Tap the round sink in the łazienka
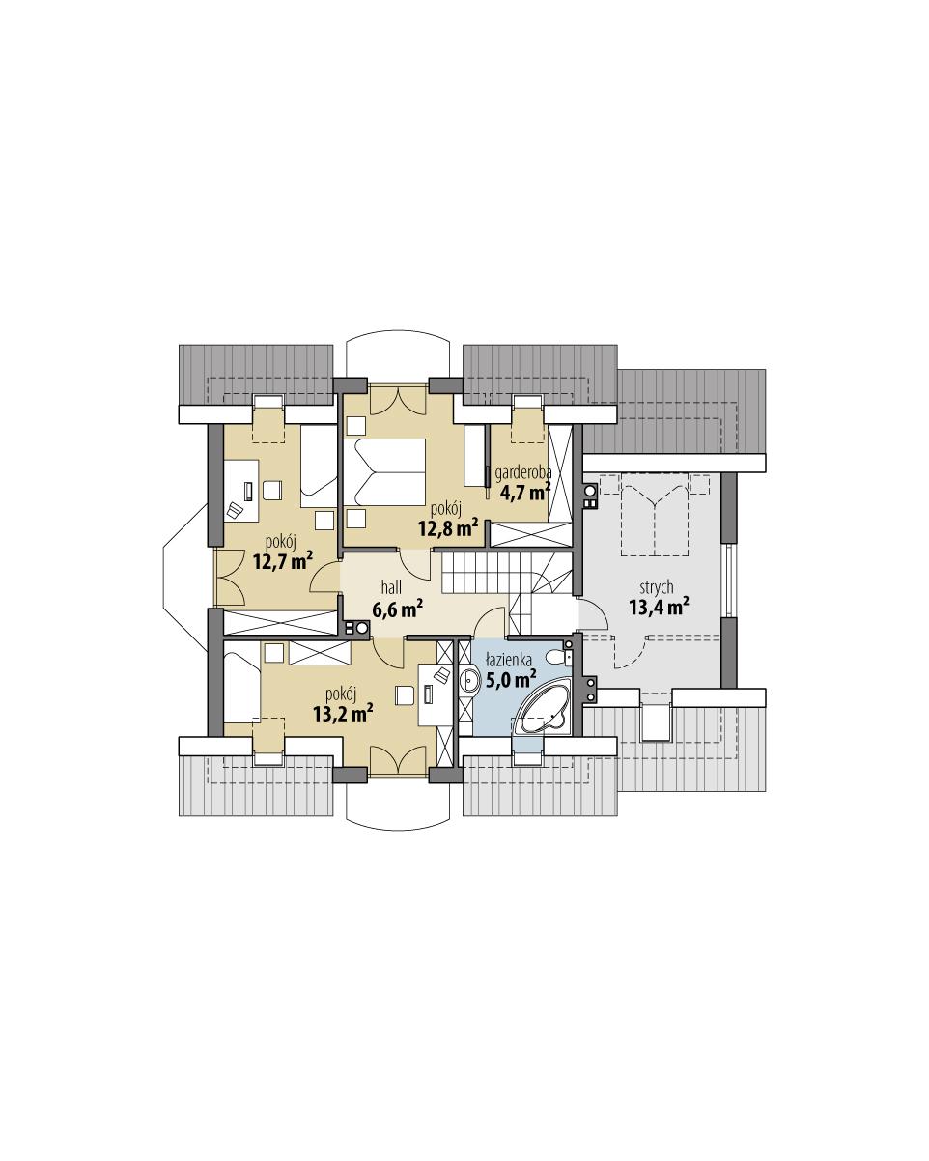470,682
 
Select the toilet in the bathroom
558,657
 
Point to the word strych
656,586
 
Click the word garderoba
522,473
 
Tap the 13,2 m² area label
343,713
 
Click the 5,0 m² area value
511,679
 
